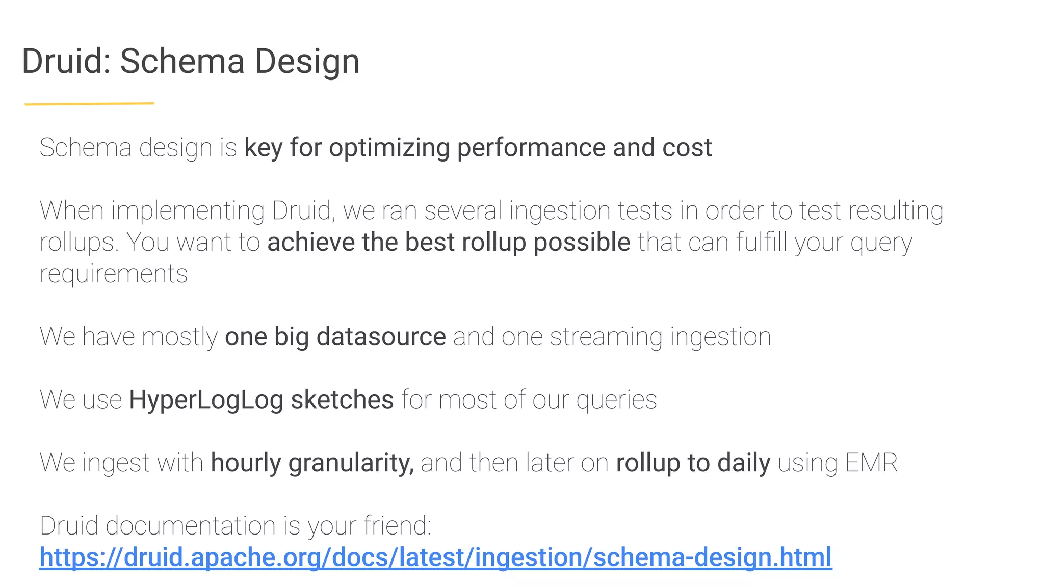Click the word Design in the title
[x=307, y=62]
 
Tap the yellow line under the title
[x=89, y=104]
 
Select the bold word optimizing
[x=389, y=148]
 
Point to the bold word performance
[x=531, y=148]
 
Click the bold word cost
[x=687, y=148]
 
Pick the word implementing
[x=188, y=211]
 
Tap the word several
[x=463, y=211]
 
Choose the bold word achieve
[x=311, y=242]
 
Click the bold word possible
[x=582, y=243]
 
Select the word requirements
[x=114, y=274]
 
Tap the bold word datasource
[x=381, y=337]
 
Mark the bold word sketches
[x=342, y=400]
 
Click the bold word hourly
[x=246, y=463]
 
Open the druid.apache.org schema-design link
[x=436, y=557]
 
